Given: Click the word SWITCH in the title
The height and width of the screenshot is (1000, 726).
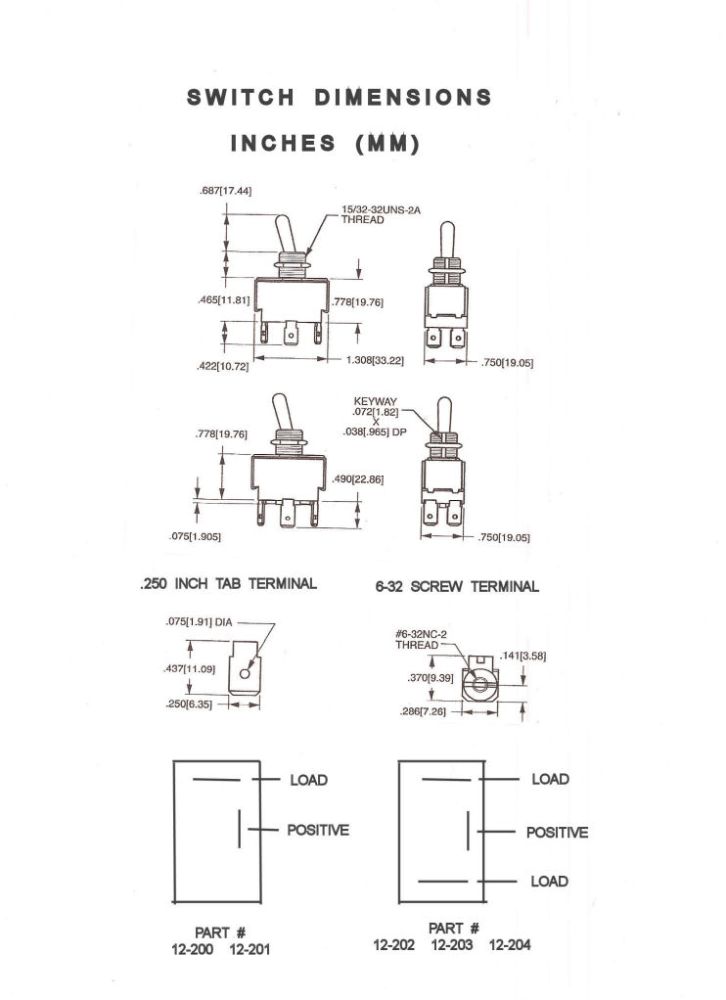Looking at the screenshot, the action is pos(241,98).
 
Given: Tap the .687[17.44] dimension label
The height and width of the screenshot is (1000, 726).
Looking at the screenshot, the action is pos(225,191).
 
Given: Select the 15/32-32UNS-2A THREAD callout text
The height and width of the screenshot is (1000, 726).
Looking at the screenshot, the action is pos(381,214).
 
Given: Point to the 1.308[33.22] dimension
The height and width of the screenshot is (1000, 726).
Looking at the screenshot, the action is pos(375,360).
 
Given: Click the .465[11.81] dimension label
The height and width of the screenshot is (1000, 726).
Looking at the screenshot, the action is pos(223,299).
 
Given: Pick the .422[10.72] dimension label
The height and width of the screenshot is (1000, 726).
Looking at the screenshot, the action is pos(223,367).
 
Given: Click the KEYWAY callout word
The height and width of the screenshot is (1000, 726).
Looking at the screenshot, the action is pos(375,402).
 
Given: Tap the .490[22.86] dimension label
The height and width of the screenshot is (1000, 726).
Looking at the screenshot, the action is pos(358,479).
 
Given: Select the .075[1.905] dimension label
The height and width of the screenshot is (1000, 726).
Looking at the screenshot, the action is pos(196,537).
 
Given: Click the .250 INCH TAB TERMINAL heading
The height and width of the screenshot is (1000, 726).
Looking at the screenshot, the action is pos(228,583).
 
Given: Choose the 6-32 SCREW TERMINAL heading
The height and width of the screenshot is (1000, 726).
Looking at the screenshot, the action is pos(457,586).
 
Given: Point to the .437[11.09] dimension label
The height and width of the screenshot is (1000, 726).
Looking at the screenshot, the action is pos(190,669).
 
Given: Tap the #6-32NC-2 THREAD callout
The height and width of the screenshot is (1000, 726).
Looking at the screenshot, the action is pos(421,640).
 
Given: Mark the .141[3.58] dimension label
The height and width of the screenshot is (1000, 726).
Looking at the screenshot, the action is pos(522,656).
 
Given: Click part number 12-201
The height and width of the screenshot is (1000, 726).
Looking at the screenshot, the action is pos(250,950).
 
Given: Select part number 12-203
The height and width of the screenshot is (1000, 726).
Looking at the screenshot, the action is pos(452,945).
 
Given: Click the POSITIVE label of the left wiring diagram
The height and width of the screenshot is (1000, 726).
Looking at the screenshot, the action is pos(318,831).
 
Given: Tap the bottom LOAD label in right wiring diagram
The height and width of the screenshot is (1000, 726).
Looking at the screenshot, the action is pos(549,882).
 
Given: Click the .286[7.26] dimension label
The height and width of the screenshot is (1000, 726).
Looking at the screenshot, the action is pos(423,711).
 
